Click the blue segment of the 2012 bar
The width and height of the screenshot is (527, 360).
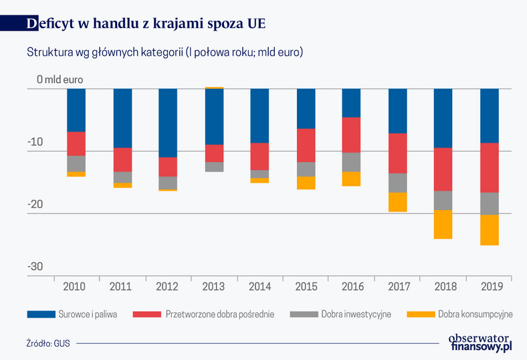pyautogui.click(x=168, y=123)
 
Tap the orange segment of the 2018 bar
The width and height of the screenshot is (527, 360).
pyautogui.click(x=443, y=224)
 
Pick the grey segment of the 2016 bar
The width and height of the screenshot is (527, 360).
pyautogui.click(x=351, y=162)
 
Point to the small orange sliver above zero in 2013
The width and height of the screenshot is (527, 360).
pyautogui.click(x=214, y=88)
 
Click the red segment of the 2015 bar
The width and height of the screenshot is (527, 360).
pyautogui.click(x=306, y=145)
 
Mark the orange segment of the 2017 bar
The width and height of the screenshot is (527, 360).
pyautogui.click(x=397, y=202)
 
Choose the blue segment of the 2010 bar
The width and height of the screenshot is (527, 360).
pyautogui.click(x=76, y=110)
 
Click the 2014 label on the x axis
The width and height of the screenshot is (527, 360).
pyautogui.click(x=259, y=286)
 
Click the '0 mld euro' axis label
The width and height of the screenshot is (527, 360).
pyautogui.click(x=60, y=79)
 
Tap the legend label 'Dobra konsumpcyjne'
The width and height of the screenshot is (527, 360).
pyautogui.click(x=475, y=313)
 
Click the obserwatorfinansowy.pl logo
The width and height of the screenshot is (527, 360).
pyautogui.click(x=480, y=343)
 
